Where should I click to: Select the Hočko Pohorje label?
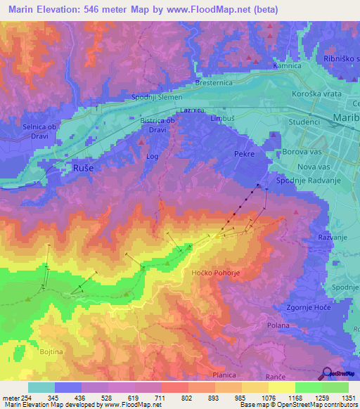[216, 272]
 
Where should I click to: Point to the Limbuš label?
[222, 119]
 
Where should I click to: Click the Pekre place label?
[243, 152]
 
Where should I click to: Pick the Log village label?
[152, 157]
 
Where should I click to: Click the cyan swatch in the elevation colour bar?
[41, 387]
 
